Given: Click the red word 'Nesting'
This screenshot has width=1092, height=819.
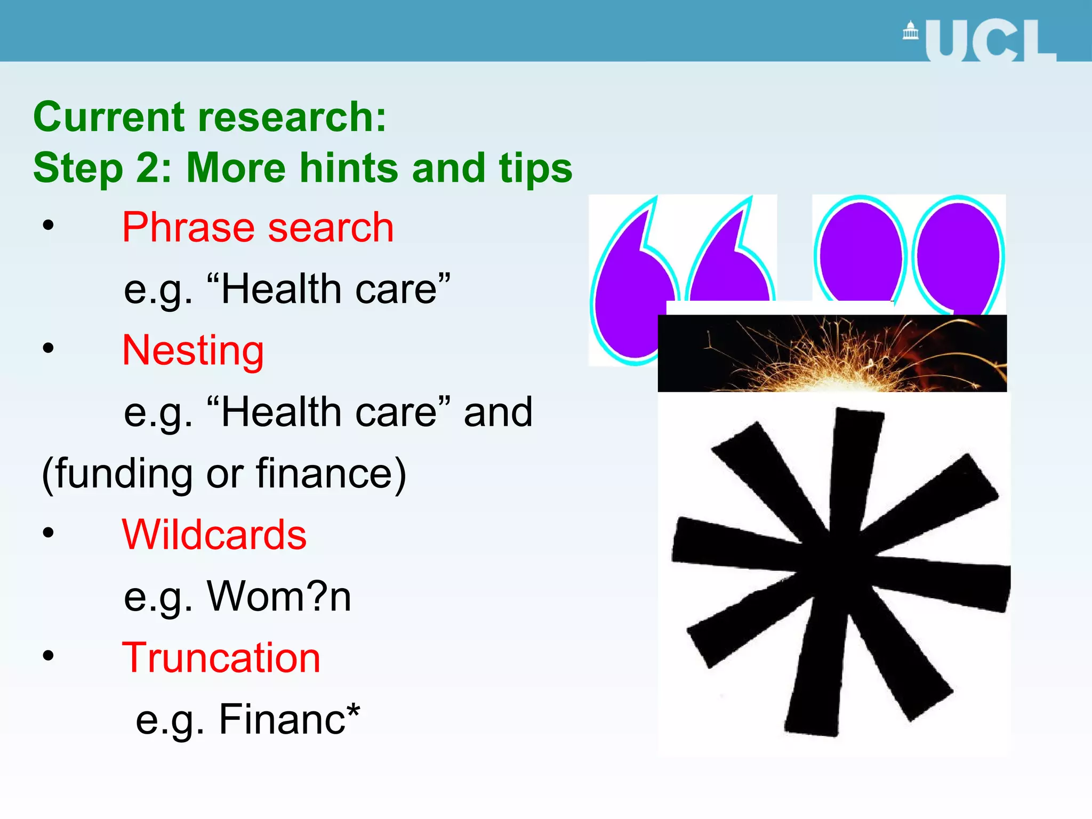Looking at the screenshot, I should (x=193, y=351).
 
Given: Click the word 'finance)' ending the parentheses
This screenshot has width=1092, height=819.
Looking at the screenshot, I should (x=331, y=473).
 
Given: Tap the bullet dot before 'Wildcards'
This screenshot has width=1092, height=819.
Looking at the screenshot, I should (x=49, y=532).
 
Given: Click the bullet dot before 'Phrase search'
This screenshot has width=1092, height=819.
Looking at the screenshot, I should (x=49, y=225).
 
